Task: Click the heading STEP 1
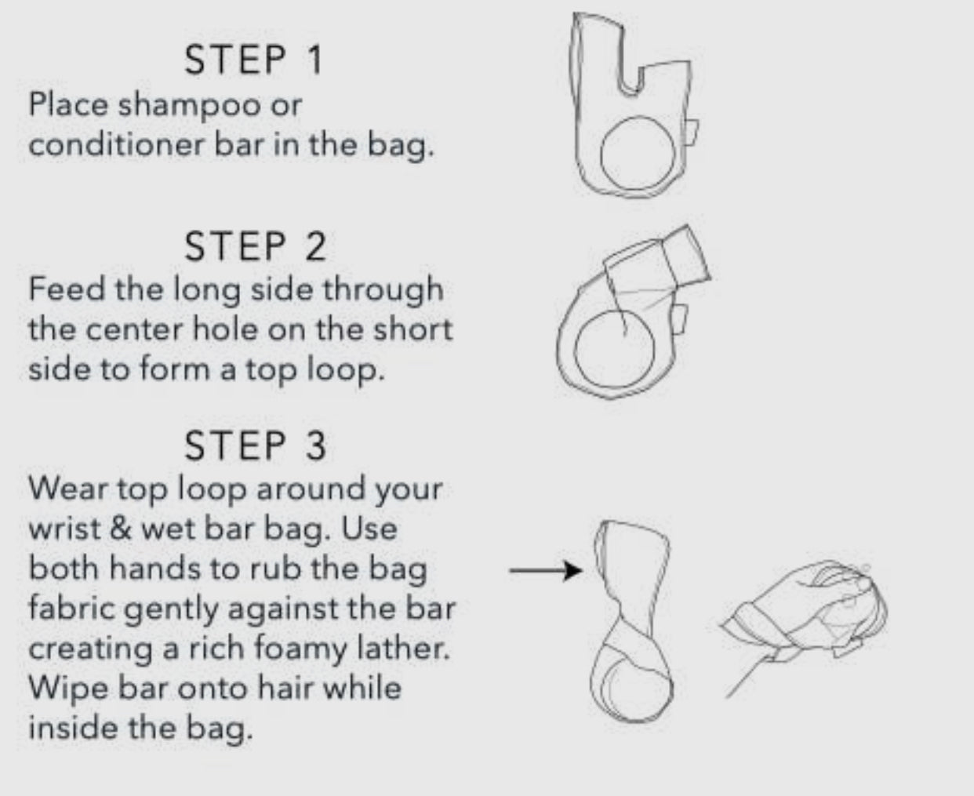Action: point(253,60)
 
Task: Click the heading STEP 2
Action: point(256,247)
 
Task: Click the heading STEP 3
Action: point(256,445)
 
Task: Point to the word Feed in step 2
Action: point(67,289)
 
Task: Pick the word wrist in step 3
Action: point(64,529)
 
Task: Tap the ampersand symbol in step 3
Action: point(120,529)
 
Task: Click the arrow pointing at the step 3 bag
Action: point(545,571)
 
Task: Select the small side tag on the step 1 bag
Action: point(691,133)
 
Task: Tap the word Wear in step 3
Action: point(67,489)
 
